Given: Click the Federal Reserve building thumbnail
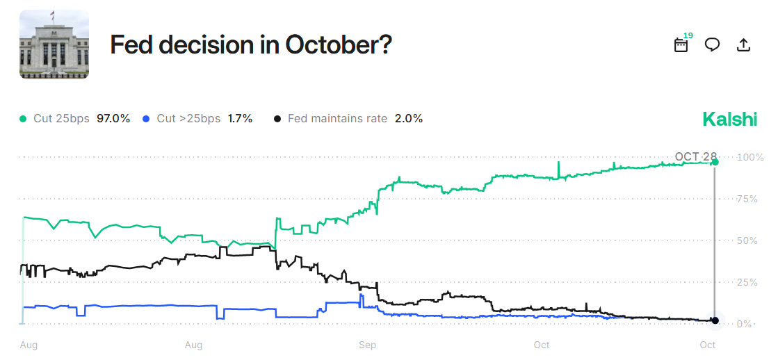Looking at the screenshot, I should (54, 44).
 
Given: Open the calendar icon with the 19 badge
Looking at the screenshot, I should (681, 44).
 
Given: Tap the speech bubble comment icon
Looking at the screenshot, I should (712, 44).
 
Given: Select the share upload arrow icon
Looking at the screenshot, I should (743, 44).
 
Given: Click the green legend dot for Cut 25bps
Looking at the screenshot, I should (24, 119).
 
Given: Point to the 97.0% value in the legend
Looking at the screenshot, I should (113, 119).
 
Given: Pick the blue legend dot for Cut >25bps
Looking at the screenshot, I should (146, 119).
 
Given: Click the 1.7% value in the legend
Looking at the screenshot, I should (240, 119).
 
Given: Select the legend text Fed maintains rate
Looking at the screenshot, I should (337, 119).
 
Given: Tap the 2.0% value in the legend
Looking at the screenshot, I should (409, 119).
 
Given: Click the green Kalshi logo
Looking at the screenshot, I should (729, 119).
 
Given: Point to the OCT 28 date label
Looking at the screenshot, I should (695, 156).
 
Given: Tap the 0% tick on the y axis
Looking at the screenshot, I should (744, 324).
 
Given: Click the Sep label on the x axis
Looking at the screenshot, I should (367, 345).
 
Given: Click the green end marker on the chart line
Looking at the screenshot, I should (715, 162).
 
